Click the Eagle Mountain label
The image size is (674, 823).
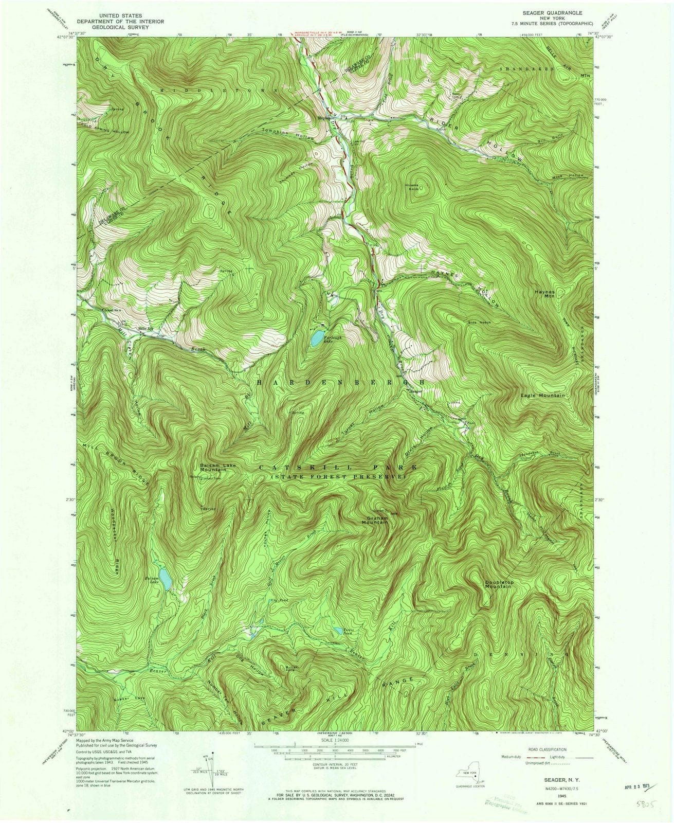click(542, 396)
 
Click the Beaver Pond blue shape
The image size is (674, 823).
click(338, 630)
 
